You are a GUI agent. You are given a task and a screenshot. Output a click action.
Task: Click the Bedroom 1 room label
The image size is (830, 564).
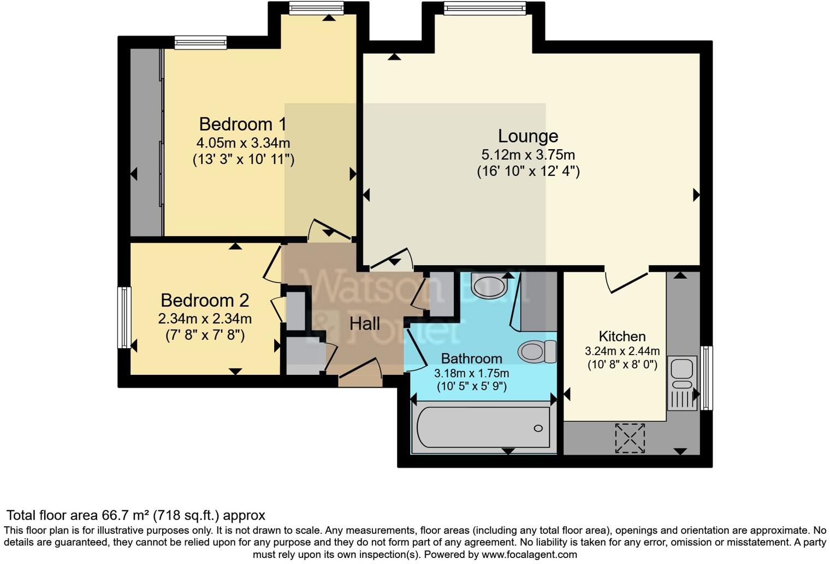click(242, 124)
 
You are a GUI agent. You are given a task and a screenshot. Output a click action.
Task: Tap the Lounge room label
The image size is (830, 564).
click(527, 136)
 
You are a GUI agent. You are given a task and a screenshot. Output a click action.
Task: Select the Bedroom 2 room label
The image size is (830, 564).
click(205, 300)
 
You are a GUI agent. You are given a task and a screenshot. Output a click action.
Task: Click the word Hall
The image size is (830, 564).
click(365, 324)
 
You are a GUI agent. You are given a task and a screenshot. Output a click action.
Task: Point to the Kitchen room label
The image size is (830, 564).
click(622, 336)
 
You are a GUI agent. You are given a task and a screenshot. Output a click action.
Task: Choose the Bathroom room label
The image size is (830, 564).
click(471, 359)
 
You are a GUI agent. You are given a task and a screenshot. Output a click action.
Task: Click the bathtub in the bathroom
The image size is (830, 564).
click(483, 428)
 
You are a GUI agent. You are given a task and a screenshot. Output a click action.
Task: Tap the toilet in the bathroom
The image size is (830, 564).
click(536, 351)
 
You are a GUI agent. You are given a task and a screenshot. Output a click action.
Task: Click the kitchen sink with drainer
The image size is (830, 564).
click(681, 383)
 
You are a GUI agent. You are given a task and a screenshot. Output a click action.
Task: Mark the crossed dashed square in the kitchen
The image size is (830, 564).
click(630, 438)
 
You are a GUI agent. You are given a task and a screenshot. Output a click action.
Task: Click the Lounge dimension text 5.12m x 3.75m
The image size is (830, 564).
click(527, 155)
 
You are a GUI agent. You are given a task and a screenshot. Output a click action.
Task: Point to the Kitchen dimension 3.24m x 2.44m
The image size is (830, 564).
click(622, 351)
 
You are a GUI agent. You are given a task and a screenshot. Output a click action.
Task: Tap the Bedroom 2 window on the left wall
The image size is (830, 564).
click(125, 318)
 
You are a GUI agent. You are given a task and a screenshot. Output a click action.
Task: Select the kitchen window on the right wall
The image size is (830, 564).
click(707, 378)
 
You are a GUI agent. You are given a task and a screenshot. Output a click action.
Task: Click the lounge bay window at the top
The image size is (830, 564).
click(484, 8)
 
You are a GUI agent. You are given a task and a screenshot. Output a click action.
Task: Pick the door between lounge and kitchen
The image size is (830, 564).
click(626, 280)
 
